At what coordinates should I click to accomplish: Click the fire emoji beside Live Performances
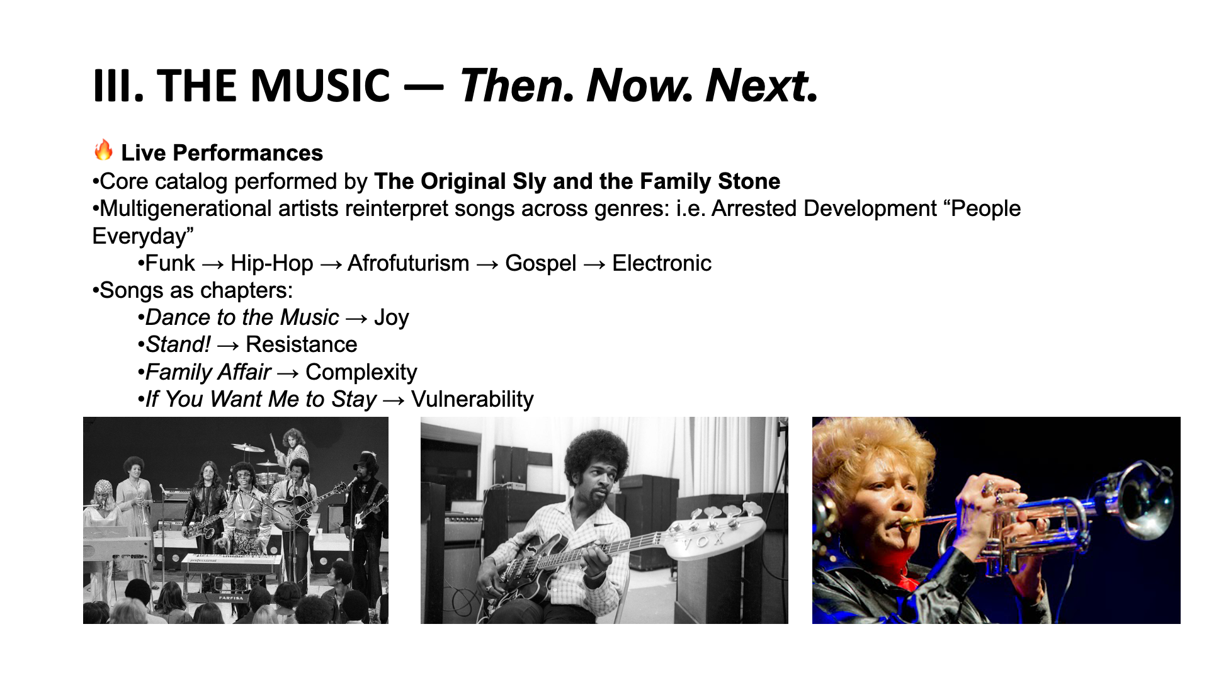[103, 150]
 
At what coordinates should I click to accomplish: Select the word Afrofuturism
[408, 263]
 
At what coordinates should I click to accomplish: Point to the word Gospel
[540, 264]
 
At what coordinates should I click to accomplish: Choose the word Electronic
[662, 263]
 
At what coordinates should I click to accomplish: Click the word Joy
[391, 318]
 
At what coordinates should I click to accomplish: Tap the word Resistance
[301, 344]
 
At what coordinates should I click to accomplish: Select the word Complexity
[361, 372]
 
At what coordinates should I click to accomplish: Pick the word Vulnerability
[472, 399]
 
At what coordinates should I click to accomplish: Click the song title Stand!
[178, 344]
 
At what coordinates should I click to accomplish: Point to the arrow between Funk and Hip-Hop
[213, 264]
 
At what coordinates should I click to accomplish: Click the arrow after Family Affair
[288, 373]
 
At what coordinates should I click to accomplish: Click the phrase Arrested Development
[824, 208]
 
